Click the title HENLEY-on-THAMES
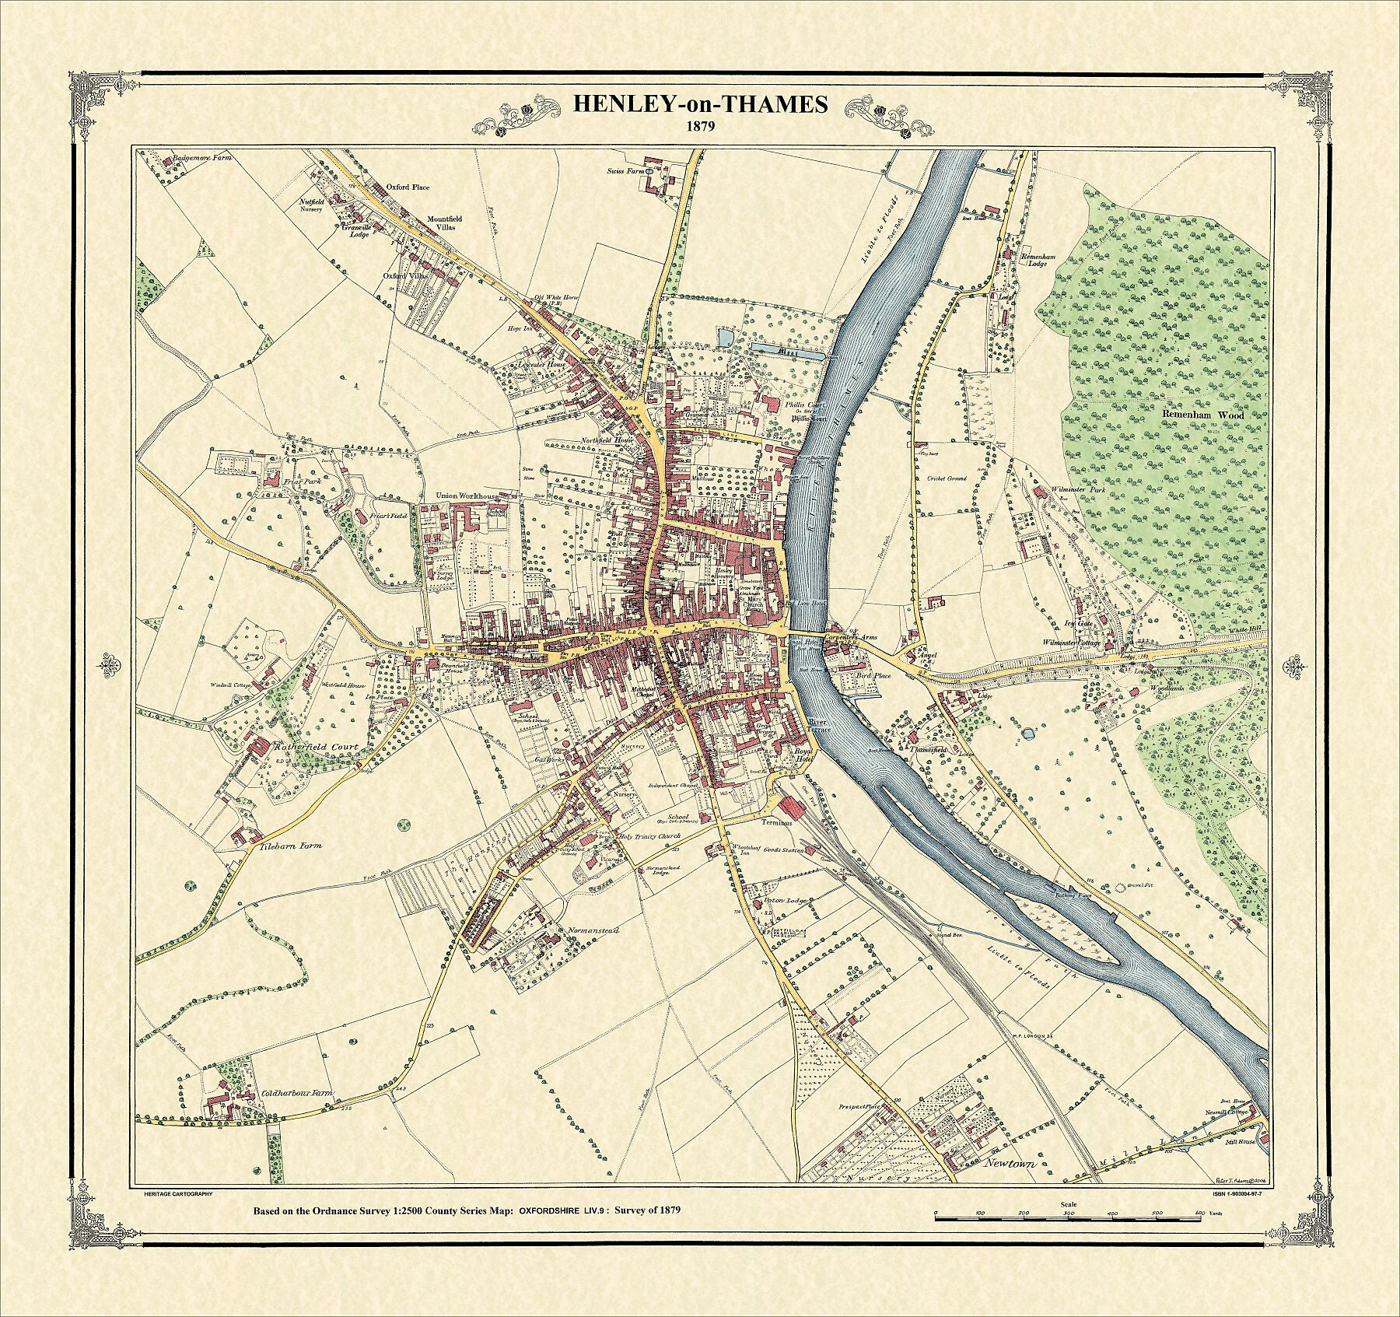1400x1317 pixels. click(x=700, y=104)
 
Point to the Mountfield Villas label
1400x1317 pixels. click(x=444, y=223)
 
